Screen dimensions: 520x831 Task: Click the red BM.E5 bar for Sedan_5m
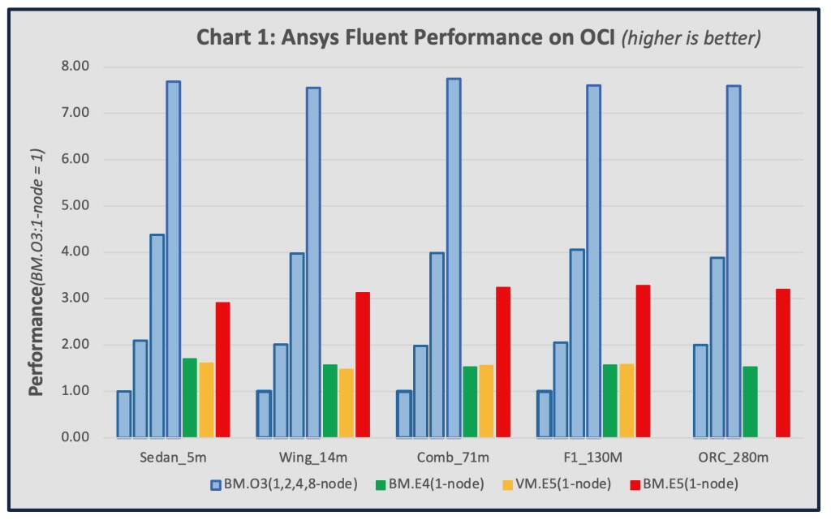(x=222, y=370)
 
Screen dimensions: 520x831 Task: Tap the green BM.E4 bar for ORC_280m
(x=750, y=402)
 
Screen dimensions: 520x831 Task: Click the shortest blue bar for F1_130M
(x=545, y=415)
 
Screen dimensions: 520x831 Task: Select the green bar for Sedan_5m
(x=190, y=398)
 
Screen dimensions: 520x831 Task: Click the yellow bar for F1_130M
(x=626, y=401)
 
